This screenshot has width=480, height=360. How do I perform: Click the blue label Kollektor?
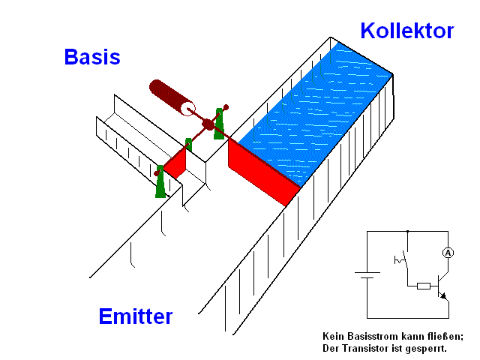click(x=406, y=31)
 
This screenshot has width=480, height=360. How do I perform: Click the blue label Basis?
click(x=92, y=57)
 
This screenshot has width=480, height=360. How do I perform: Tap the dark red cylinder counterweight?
click(x=172, y=98)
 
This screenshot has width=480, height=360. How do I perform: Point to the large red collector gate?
click(x=263, y=172)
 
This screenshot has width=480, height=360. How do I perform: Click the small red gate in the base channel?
click(x=175, y=162)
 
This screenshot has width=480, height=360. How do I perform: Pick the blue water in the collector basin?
click(x=315, y=112)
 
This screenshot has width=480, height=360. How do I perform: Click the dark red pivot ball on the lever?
click(x=208, y=124)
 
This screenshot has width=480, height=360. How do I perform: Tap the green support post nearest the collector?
click(x=220, y=122)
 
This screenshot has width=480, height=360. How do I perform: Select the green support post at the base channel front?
click(x=160, y=182)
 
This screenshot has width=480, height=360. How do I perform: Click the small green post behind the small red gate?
click(x=189, y=144)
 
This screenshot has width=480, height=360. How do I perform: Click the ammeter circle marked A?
click(x=448, y=253)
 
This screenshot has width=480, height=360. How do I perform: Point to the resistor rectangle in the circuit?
click(x=423, y=286)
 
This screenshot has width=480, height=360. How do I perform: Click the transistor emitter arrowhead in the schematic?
click(x=447, y=296)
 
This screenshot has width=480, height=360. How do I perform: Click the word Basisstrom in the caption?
click(x=367, y=336)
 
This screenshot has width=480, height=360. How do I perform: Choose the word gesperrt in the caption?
click(x=425, y=349)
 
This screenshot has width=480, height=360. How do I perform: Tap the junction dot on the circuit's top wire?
click(x=406, y=232)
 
